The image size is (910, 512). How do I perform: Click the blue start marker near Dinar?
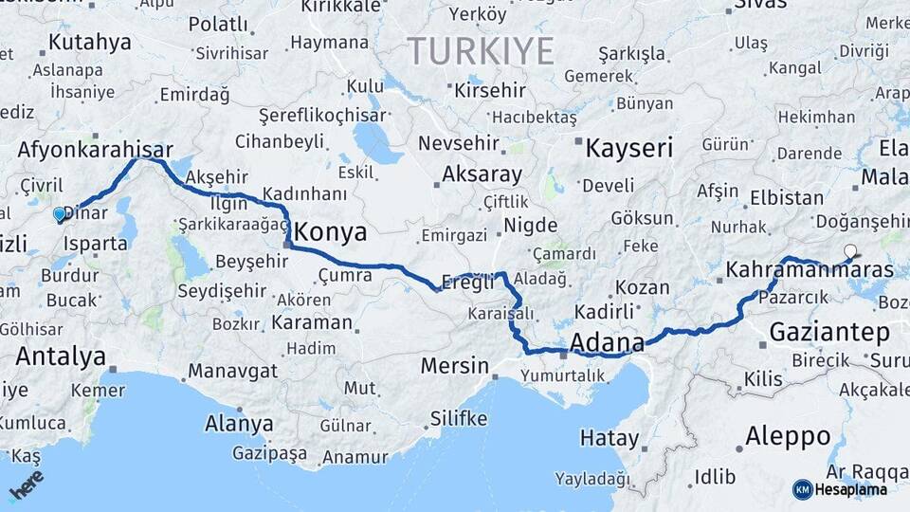(x=60, y=214)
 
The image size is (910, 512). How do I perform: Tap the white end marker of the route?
(x=850, y=252)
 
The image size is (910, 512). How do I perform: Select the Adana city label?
(x=607, y=342)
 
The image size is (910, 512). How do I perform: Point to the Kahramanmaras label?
(x=809, y=271)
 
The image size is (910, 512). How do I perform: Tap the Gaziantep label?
(x=829, y=333)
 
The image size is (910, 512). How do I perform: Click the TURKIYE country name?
(x=480, y=50)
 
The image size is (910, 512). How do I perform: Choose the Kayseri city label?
(x=628, y=148)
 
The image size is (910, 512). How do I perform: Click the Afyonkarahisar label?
(x=95, y=150)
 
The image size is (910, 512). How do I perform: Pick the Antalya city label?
(x=60, y=357)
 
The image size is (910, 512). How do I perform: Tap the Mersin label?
(x=454, y=366)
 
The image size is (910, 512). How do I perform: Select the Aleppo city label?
(x=788, y=436)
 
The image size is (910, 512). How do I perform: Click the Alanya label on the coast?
(x=240, y=424)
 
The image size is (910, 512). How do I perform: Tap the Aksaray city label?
(x=482, y=174)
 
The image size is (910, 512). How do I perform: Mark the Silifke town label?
(x=459, y=418)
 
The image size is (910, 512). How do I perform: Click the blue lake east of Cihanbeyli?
(x=377, y=142)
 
